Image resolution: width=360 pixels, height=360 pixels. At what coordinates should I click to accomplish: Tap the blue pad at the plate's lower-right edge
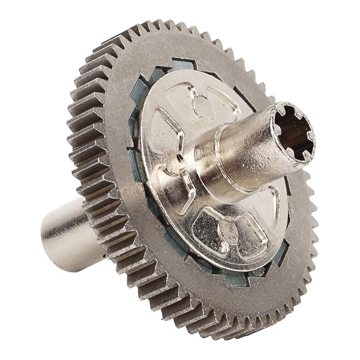[x=279, y=252]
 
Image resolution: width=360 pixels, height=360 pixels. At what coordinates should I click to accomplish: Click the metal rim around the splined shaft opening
[x=282, y=114]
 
